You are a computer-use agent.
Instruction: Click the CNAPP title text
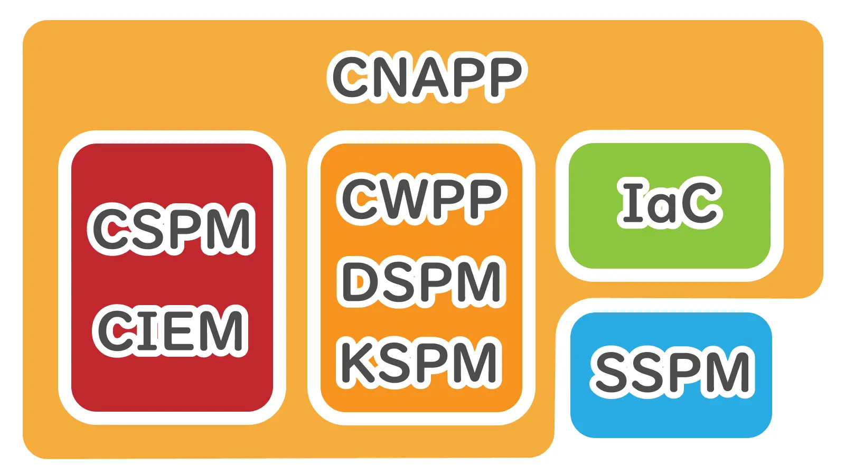pos(427,77)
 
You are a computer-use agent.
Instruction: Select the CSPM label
pos(171,229)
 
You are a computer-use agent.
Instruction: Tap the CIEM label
pos(170,330)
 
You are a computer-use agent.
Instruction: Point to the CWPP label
pos(421,199)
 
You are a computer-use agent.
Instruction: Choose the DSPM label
pos(421,282)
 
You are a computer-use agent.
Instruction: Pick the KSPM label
pos(419,363)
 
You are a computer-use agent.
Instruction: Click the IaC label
pos(670,203)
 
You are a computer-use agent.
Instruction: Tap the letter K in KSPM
pos(359,363)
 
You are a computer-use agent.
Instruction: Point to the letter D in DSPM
pos(361,282)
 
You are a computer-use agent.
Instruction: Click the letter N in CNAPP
pos(391,77)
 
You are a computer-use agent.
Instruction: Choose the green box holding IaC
pos(670,248)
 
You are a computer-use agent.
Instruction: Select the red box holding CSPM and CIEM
pos(172,385)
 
